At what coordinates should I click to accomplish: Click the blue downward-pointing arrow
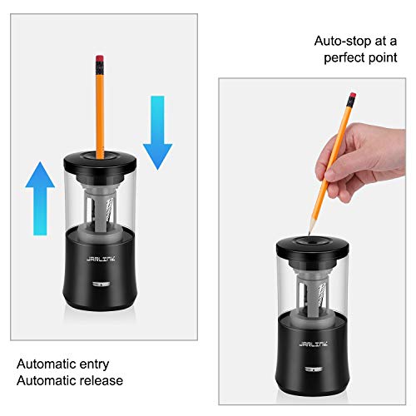156,131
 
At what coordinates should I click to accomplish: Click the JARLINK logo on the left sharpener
98,257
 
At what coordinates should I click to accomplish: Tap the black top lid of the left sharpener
101,161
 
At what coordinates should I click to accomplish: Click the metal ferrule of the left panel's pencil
101,69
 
